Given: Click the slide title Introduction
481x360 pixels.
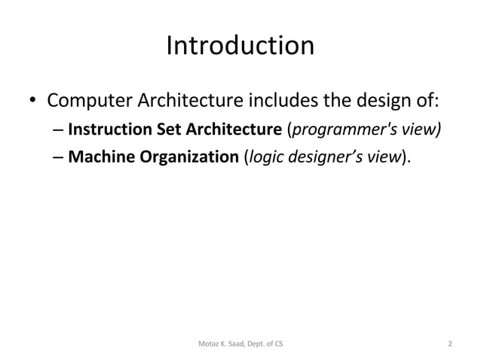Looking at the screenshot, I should (240, 46).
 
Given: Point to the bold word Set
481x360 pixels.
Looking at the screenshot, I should (156, 130).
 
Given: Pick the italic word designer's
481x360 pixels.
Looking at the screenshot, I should (326, 158).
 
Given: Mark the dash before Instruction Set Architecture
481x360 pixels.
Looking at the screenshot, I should (59, 130).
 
